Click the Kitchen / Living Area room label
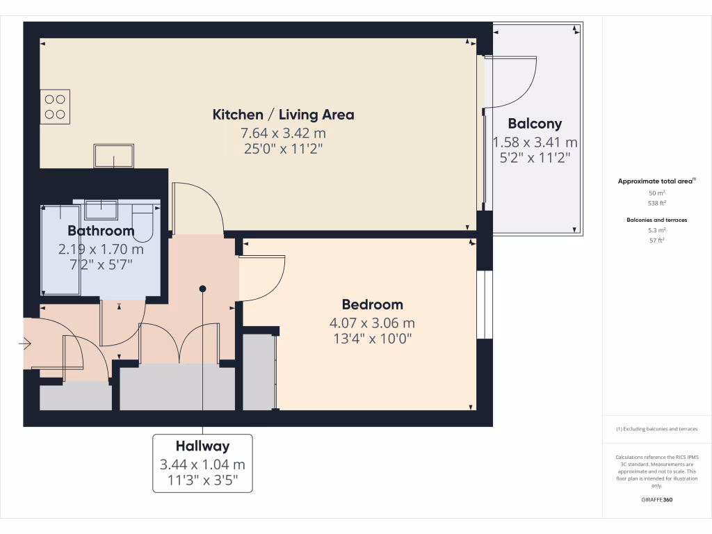coord(283,115)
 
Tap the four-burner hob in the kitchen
coord(55,106)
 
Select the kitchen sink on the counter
coord(114,156)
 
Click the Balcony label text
coord(535,124)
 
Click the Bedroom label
coord(372,305)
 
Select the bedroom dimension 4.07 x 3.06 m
coord(372,323)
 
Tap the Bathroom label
coord(101,231)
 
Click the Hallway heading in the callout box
coord(202,446)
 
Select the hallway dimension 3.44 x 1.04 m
coord(202,464)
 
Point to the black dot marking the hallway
coord(202,288)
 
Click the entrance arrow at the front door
coord(26,343)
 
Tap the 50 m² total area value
coord(656,192)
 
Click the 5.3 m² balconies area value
coord(656,229)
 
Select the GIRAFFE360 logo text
coord(656,499)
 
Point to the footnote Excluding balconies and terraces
coord(656,429)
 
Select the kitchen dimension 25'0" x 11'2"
coord(283,148)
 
